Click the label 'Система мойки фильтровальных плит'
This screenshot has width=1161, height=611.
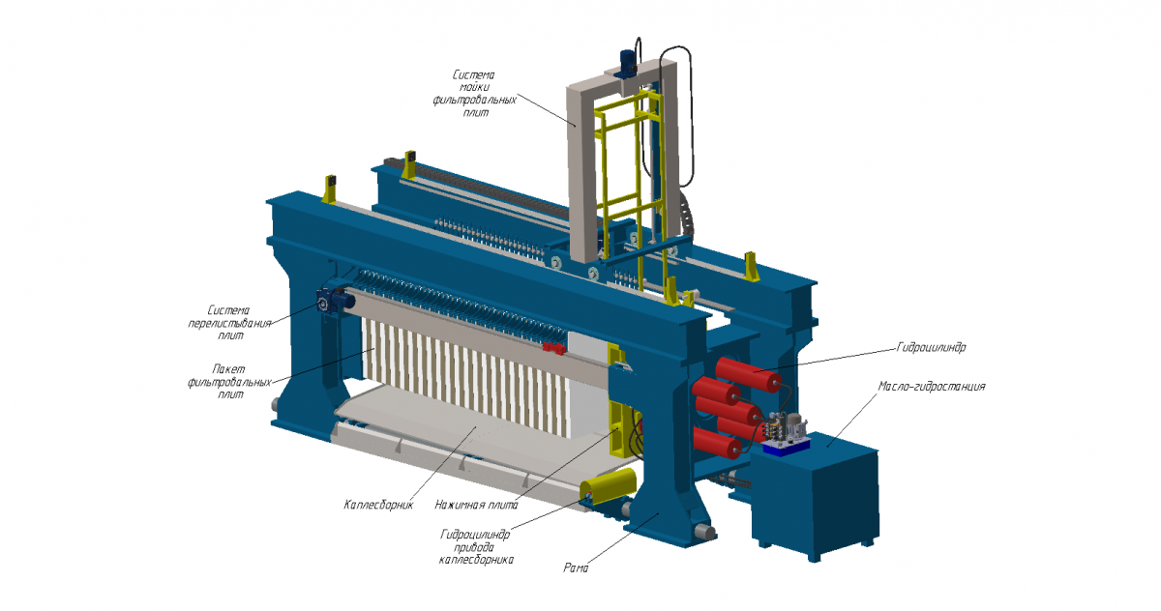[x=475, y=94]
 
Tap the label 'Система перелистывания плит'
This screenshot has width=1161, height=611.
[x=229, y=323]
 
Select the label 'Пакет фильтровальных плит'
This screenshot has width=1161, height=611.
[x=229, y=382]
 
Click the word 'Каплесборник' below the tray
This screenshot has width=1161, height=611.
[x=378, y=505]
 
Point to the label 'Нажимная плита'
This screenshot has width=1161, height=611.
[x=476, y=505]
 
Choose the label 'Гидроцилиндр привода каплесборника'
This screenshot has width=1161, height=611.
[x=476, y=547]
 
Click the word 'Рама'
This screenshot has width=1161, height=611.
[x=576, y=568]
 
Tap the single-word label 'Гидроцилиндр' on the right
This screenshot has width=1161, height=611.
[x=932, y=347]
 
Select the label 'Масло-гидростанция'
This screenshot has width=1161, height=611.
[x=932, y=387]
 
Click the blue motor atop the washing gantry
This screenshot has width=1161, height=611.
[x=628, y=63]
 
